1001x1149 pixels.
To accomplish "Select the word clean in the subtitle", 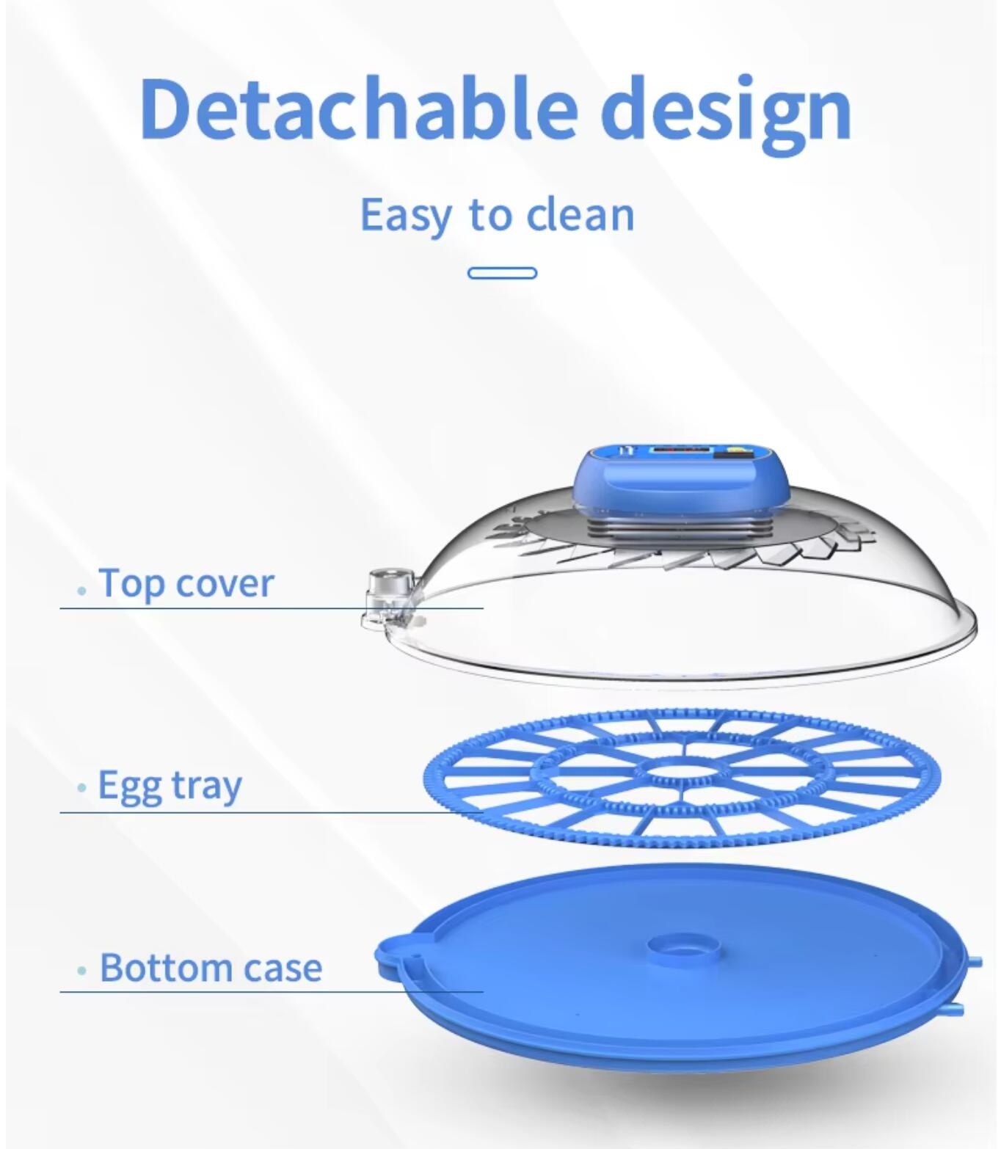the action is [x=581, y=214].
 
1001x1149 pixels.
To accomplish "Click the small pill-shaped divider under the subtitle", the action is [x=502, y=274].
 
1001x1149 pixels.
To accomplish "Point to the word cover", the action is [x=225, y=585].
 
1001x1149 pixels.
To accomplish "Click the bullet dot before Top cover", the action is [x=83, y=591].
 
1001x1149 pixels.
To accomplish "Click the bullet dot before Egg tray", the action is [x=83, y=788].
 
